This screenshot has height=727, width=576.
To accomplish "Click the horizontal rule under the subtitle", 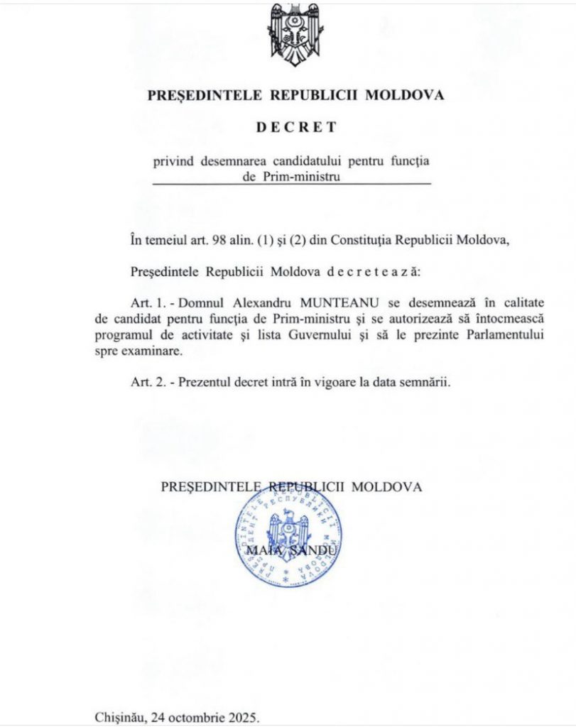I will (292, 185).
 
